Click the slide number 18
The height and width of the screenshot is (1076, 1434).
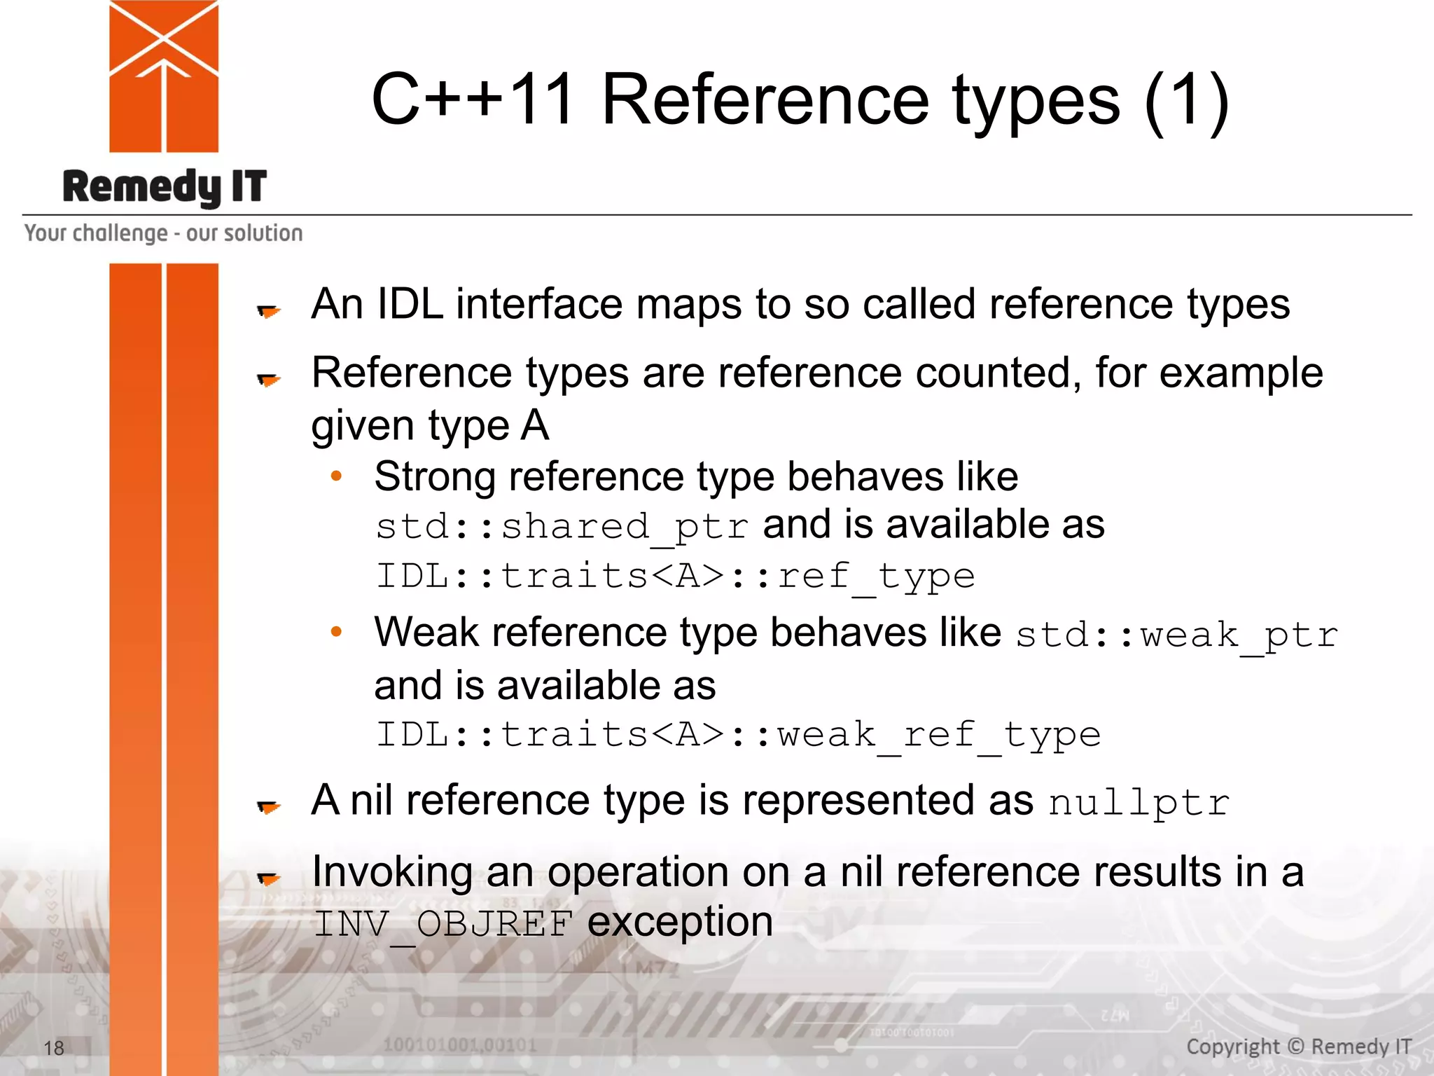click(54, 1048)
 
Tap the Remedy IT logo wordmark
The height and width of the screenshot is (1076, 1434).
click(165, 187)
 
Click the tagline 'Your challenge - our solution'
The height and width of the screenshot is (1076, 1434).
click(164, 233)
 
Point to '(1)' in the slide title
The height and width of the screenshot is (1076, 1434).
click(1186, 100)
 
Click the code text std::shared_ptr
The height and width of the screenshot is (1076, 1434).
click(562, 527)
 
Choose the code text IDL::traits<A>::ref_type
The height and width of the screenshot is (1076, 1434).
click(675, 577)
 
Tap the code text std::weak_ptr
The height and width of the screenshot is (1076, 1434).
click(1176, 635)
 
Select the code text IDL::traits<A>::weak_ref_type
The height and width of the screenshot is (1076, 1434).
click(738, 735)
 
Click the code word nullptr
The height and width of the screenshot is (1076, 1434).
click(1139, 803)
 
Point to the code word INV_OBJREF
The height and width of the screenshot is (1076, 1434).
click(443, 924)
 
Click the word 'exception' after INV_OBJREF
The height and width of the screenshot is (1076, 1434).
click(680, 922)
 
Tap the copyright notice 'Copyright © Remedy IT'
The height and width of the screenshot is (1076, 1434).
click(1298, 1047)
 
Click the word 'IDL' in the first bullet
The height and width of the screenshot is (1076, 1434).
click(410, 305)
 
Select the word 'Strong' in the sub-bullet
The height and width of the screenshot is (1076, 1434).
click(435, 477)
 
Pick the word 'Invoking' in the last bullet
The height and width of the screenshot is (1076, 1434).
click(392, 873)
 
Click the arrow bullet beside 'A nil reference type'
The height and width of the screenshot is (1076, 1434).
click(268, 807)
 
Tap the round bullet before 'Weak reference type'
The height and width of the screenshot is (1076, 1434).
click(336, 632)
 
